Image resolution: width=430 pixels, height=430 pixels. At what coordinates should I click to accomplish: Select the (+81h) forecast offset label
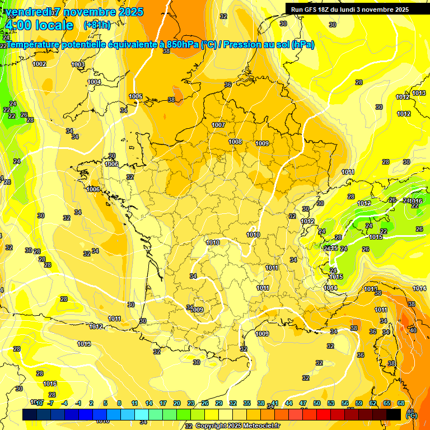[96, 25]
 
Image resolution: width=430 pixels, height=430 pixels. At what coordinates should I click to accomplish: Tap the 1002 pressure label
[39, 64]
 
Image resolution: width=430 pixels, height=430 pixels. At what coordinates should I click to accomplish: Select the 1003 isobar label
[78, 65]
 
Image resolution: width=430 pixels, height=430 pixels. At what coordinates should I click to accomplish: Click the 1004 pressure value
[94, 82]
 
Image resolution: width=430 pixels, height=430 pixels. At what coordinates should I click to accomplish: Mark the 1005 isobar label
[135, 96]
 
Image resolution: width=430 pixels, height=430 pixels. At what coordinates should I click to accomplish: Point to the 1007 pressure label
[218, 125]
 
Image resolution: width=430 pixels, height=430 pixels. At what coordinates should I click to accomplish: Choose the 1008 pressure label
[235, 142]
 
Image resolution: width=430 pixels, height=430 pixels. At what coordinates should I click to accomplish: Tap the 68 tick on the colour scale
[400, 403]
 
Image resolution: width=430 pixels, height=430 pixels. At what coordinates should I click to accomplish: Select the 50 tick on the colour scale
[317, 403]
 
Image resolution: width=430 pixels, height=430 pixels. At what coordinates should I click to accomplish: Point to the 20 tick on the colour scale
[176, 403]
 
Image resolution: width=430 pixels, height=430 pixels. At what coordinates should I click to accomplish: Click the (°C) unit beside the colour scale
[412, 415]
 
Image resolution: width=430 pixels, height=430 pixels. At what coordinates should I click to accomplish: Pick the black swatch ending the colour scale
[394, 414]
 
